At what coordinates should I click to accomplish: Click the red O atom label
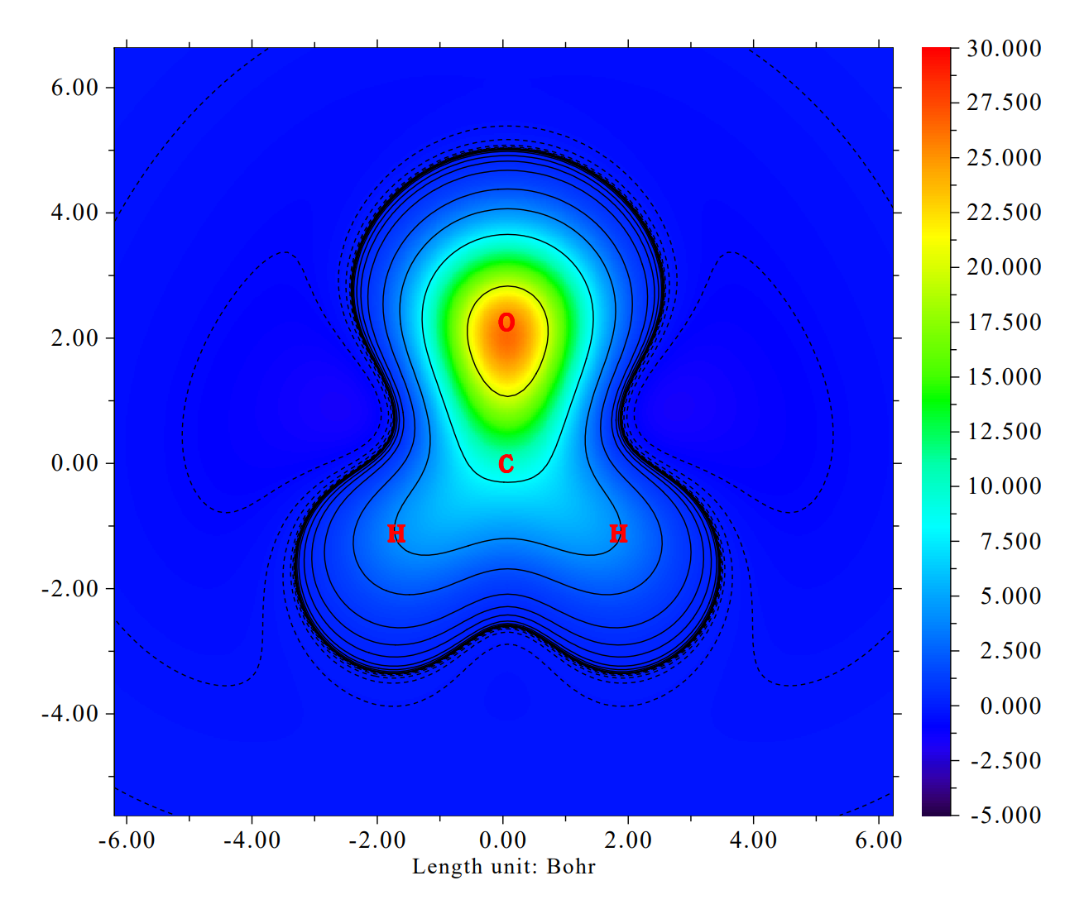click(x=506, y=323)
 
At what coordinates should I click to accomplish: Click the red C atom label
click(x=506, y=464)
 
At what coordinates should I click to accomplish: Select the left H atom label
click(x=396, y=534)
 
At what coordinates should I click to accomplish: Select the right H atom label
click(x=618, y=534)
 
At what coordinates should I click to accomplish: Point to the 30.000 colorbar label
click(x=1004, y=49)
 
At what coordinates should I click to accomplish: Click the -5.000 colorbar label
click(x=1004, y=816)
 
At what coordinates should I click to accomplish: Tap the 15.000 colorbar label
click(x=1004, y=377)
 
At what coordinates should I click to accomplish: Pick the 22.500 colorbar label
click(x=1004, y=213)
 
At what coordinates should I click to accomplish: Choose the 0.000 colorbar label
click(x=1010, y=706)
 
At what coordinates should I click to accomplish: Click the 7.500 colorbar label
click(x=1010, y=542)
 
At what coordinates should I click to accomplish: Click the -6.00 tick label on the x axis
click(x=127, y=840)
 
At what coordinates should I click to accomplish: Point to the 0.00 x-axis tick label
click(x=503, y=840)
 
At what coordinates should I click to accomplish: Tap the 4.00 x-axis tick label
click(x=753, y=840)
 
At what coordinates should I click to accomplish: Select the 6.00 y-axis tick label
click(x=74, y=88)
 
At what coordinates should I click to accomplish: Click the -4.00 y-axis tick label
click(x=70, y=714)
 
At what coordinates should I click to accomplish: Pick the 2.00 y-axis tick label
click(x=74, y=338)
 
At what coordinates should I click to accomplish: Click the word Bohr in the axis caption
click(x=571, y=867)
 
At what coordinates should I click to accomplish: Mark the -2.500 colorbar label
click(x=1004, y=761)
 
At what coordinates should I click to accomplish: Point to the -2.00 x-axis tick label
click(x=377, y=840)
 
